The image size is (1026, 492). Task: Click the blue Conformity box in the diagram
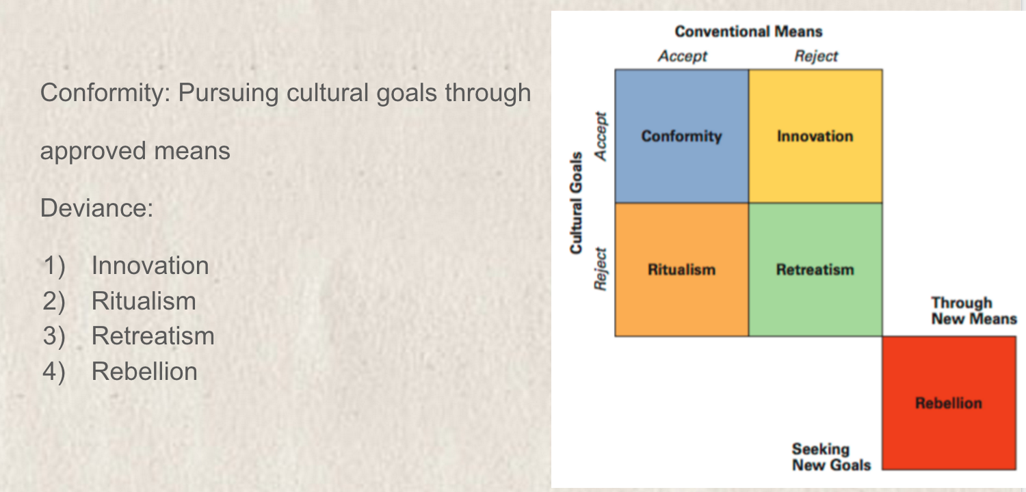click(x=681, y=136)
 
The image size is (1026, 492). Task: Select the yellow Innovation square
click(x=816, y=136)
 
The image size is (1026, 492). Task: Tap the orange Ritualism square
click(x=681, y=269)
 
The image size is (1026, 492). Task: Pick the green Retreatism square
click(x=816, y=269)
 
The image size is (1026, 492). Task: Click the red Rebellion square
click(x=949, y=403)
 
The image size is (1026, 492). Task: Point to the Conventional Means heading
click(x=748, y=31)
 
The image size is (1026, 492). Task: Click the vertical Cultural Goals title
click(x=576, y=203)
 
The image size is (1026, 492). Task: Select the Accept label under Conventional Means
click(x=683, y=56)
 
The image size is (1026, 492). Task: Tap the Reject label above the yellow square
click(x=816, y=56)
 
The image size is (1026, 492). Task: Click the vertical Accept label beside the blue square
click(x=601, y=137)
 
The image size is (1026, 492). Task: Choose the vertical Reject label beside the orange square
click(x=601, y=269)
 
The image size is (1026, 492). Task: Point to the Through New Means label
click(x=974, y=311)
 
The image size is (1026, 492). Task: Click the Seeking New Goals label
click(x=831, y=456)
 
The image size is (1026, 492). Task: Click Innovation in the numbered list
click(x=150, y=265)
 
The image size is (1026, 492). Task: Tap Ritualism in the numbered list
click(x=144, y=301)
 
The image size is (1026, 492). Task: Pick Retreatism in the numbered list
click(x=153, y=336)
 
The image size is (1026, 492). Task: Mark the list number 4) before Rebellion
click(x=54, y=371)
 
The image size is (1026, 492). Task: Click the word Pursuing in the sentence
click(x=228, y=94)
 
